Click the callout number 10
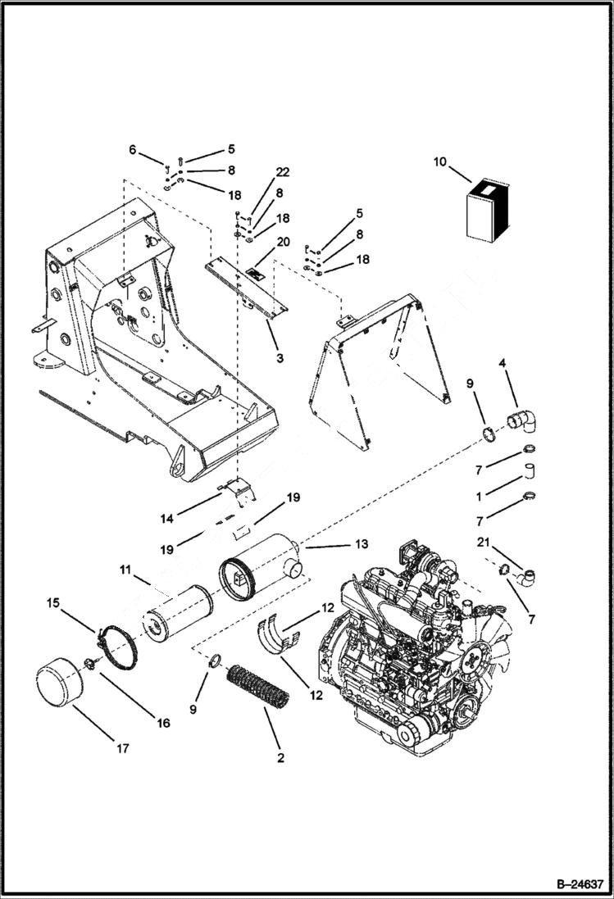(440, 161)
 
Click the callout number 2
(280, 758)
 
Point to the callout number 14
(166, 519)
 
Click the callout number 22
(282, 172)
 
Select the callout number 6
(133, 149)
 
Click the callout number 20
(283, 242)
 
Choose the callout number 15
(52, 603)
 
